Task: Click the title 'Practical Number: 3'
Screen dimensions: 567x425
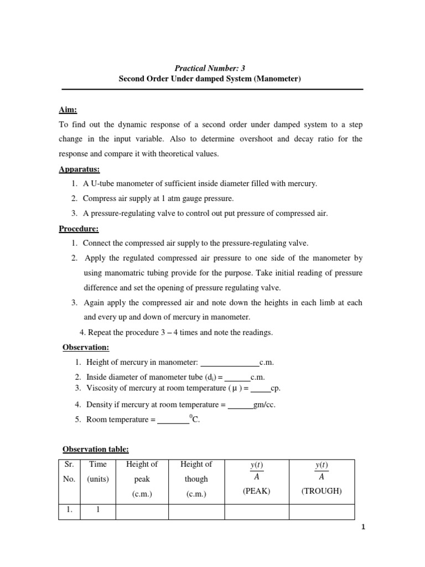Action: click(x=210, y=68)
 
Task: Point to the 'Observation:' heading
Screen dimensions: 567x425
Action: click(x=85, y=347)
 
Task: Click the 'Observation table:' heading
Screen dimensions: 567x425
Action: click(x=95, y=449)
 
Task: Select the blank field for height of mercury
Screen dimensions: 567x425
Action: click(x=229, y=363)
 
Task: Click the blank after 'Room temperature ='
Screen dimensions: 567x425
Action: click(x=173, y=420)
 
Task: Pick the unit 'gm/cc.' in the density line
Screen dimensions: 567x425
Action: click(x=264, y=405)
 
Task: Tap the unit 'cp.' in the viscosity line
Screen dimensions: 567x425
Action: click(x=275, y=388)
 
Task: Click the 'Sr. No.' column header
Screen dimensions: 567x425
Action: click(x=69, y=472)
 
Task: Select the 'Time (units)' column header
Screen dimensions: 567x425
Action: click(x=97, y=472)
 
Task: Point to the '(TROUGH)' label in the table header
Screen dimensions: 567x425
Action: click(x=322, y=491)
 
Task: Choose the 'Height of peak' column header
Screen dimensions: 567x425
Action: click(x=142, y=478)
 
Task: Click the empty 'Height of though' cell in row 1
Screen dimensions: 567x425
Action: click(x=196, y=511)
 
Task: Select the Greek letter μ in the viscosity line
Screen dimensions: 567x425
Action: click(x=234, y=388)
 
